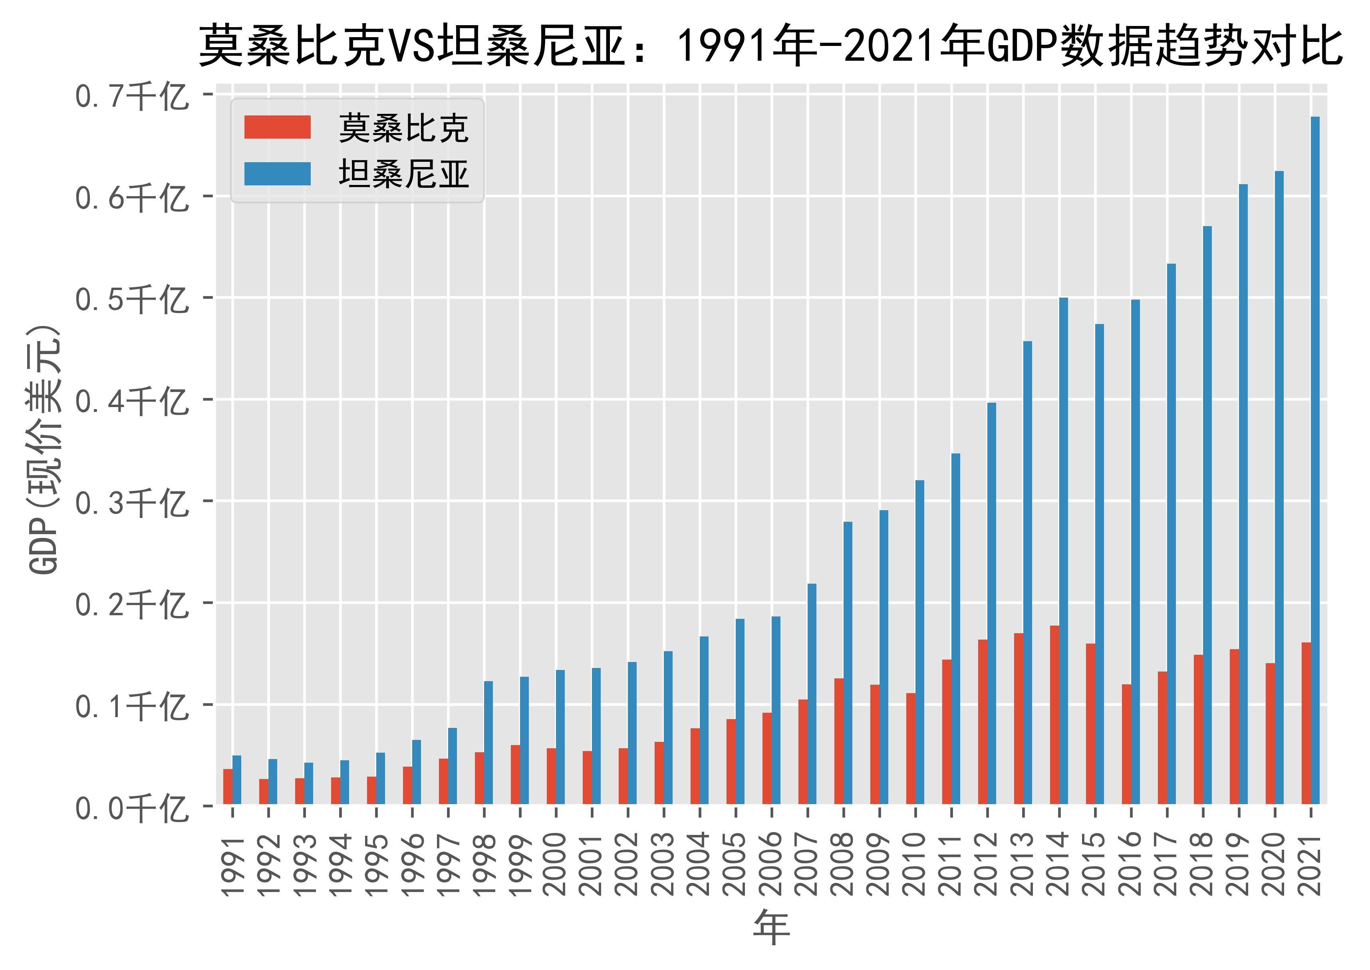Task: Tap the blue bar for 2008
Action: (848, 663)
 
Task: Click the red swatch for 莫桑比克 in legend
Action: (277, 127)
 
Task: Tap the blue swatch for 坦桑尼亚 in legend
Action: (277, 174)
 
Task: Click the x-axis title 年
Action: (772, 928)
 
